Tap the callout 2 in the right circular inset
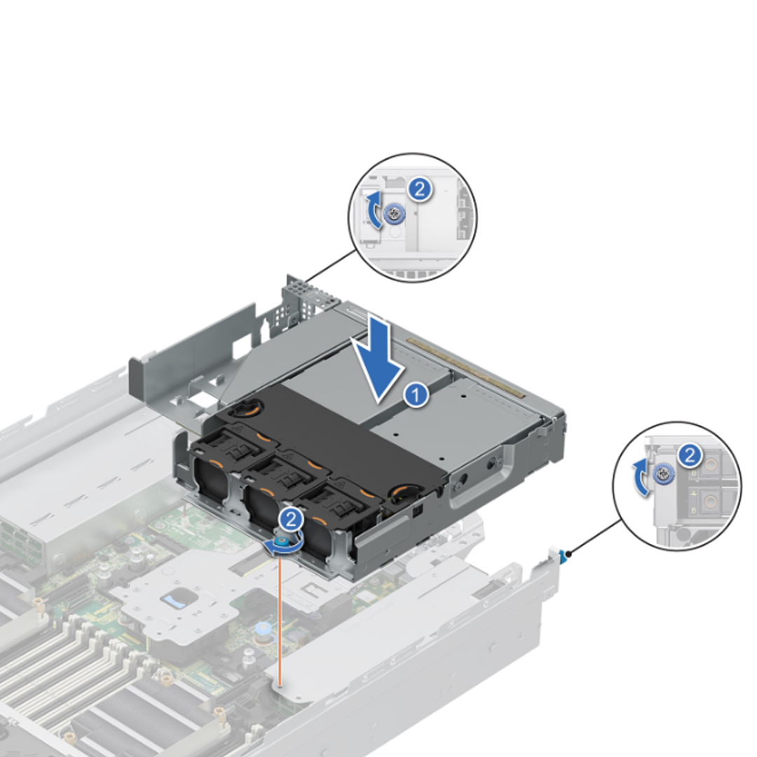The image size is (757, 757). click(690, 456)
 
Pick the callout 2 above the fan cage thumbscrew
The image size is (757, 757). click(290, 519)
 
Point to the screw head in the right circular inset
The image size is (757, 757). click(661, 475)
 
